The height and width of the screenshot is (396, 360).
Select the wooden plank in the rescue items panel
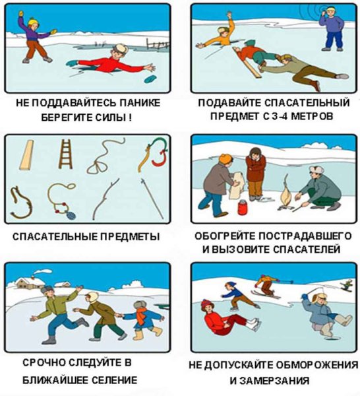(x=26, y=154)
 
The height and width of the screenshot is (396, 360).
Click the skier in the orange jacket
(x=266, y=284)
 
